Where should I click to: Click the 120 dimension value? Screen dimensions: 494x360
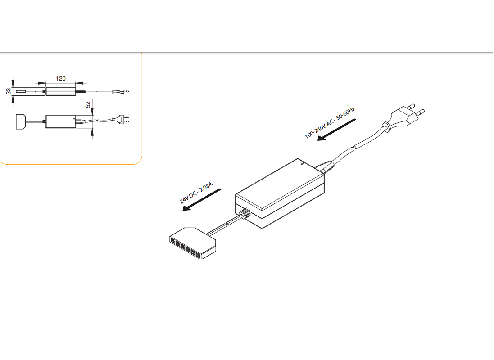60,78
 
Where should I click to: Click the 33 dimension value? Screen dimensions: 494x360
8,91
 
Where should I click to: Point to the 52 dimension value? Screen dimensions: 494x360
88,104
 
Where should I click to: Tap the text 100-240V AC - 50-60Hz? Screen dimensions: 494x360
330,122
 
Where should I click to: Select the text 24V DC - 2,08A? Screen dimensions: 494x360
196,193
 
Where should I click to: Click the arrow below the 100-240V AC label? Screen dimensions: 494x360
336,130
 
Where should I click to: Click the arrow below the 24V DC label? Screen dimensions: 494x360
202,200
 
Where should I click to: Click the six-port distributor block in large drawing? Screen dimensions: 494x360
193,243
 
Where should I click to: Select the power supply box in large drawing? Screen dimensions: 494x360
280,193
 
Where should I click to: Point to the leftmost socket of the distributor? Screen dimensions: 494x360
173,241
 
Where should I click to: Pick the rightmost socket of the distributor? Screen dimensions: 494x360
198,255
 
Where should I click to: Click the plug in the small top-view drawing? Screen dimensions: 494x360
123,119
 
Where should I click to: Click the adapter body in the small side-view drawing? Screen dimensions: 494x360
61,92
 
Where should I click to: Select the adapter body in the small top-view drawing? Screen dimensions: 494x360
61,121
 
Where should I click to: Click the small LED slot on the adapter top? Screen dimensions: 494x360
302,163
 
